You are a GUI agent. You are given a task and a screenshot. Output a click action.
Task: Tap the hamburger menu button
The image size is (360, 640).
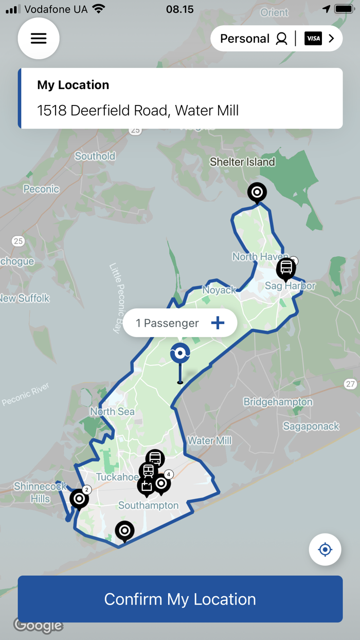point(39,39)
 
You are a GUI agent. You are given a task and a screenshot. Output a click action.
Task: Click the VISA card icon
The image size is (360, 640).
point(313,39)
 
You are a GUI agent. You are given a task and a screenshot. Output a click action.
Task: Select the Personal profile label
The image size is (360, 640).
point(244,39)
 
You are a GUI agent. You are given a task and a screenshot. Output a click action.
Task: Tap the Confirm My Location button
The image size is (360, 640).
point(180,599)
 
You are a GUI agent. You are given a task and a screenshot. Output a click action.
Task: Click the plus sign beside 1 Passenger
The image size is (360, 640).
point(218,323)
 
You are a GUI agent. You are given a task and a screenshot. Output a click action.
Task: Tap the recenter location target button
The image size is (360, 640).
point(325,549)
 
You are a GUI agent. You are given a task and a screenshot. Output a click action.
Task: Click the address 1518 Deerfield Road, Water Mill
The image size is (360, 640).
point(138,110)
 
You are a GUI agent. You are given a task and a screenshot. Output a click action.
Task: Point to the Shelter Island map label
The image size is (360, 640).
point(242,162)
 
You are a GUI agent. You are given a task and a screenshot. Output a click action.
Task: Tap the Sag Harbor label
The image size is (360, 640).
point(290,286)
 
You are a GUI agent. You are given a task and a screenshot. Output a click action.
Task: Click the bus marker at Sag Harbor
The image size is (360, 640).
point(286,268)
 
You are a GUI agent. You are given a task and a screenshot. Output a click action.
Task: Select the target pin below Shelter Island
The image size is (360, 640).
point(257,193)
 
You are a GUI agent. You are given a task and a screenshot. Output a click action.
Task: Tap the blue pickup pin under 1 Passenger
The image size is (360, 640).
point(180,353)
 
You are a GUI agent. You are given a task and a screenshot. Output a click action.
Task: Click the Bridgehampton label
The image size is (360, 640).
point(278,402)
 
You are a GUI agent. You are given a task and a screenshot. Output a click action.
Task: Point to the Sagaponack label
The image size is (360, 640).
point(311,426)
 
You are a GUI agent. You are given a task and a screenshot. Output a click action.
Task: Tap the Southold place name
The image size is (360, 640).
point(95,156)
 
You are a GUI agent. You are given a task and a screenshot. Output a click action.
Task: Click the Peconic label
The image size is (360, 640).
point(41,189)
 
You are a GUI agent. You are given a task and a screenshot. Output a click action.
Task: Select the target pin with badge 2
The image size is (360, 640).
point(79,498)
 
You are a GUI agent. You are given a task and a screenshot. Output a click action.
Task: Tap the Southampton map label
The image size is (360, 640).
point(148,505)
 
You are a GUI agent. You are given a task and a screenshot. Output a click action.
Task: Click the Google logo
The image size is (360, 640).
point(39,625)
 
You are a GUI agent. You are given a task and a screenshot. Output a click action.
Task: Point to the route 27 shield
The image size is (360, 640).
point(350,384)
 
